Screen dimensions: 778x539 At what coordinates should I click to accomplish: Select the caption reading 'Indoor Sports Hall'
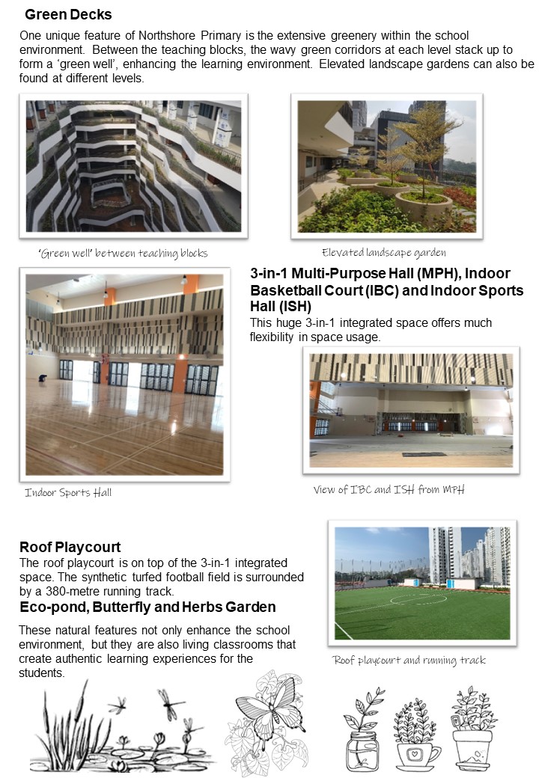[68, 492]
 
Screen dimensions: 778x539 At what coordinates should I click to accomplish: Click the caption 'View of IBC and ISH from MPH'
[389, 490]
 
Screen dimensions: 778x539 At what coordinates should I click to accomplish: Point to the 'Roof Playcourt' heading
[70, 547]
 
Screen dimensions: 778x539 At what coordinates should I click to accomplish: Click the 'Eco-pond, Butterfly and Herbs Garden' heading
[147, 606]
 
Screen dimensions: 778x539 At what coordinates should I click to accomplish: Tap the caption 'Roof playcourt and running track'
[409, 660]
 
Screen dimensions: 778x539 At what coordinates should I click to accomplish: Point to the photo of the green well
[134, 165]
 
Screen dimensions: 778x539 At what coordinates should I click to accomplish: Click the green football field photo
[422, 583]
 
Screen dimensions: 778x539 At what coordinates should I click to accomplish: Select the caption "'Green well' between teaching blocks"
[122, 253]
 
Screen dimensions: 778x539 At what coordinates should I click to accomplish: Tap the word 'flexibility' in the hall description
[278, 337]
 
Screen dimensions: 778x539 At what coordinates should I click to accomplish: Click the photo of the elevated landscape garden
[386, 165]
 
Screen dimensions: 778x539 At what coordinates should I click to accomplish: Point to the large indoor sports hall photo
[124, 375]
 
